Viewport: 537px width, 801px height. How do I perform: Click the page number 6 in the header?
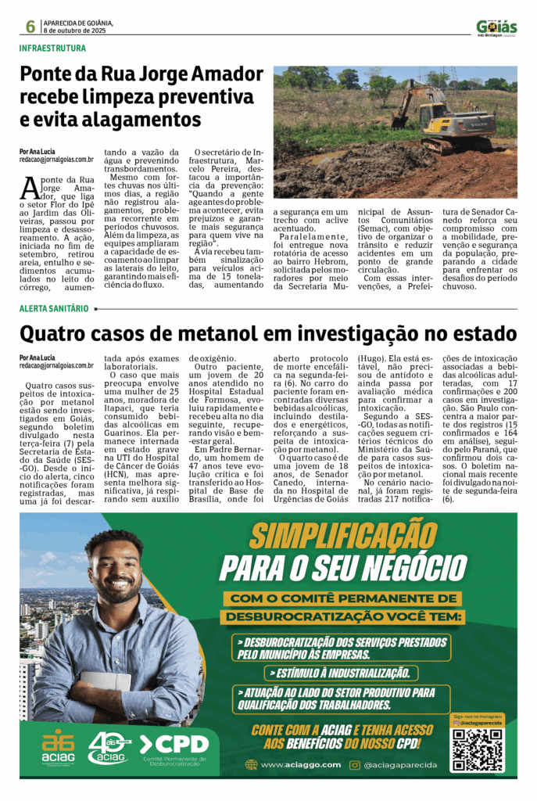coord(30,27)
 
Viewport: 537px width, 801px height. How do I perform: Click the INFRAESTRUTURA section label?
coord(53,48)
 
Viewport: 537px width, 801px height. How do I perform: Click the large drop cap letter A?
coord(30,189)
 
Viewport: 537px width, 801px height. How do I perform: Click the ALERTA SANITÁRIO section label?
coord(54,308)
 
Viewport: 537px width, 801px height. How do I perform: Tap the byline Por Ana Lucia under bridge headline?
coord(38,150)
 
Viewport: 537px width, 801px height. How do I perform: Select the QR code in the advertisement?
coord(477,749)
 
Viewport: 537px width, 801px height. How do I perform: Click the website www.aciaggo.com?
coord(300,764)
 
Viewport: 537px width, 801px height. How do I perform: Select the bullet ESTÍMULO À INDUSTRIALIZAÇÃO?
coord(340,673)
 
